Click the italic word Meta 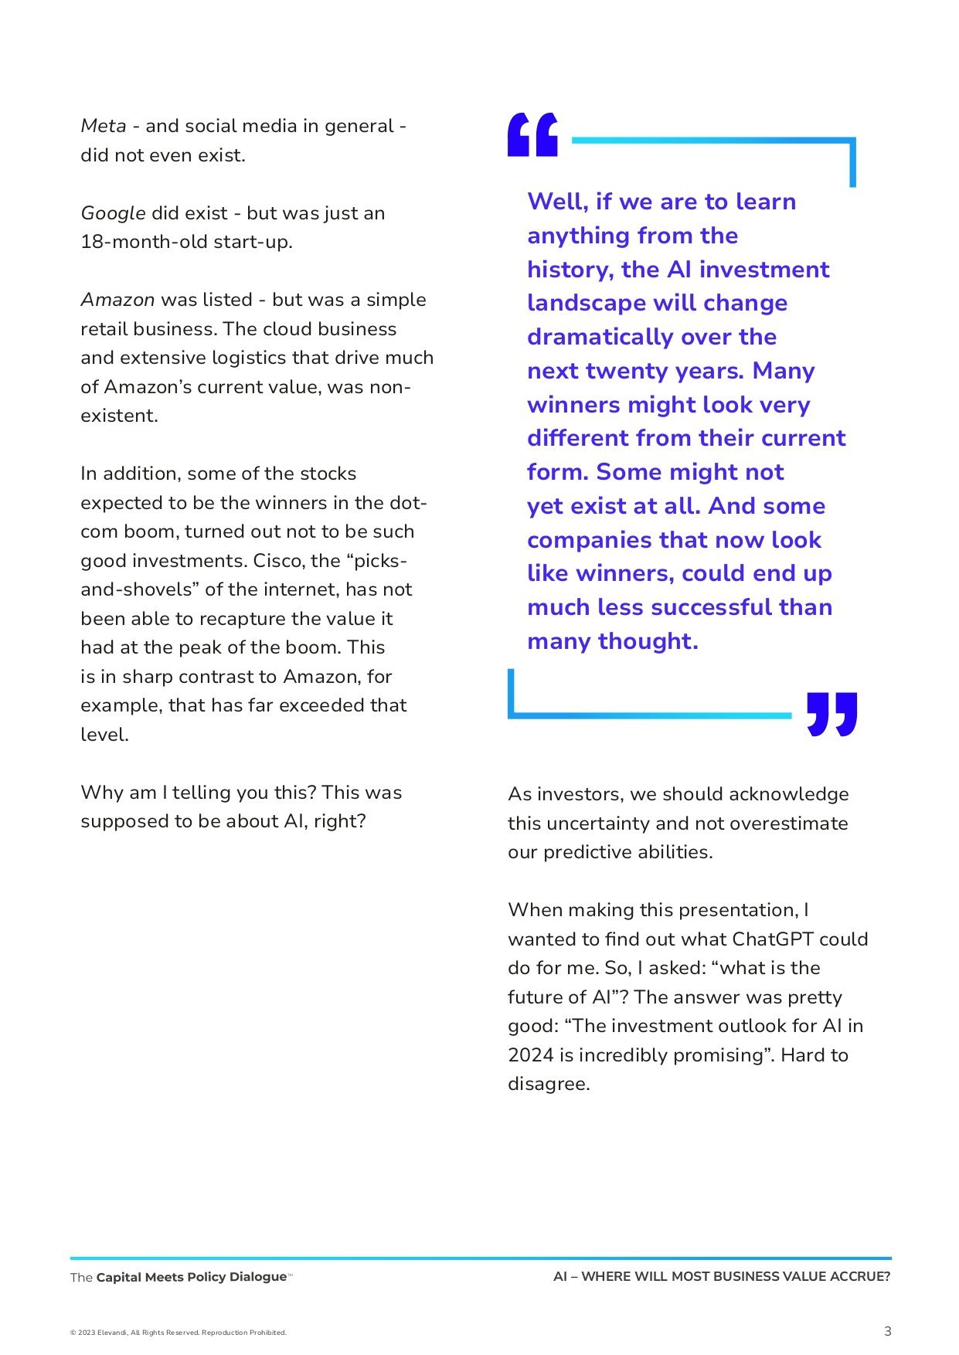(104, 126)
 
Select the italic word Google (113, 213)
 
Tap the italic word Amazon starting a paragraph (117, 300)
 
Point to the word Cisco (276, 561)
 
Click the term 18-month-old (133, 242)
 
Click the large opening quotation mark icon (532, 134)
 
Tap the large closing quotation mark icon (831, 714)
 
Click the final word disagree (548, 1084)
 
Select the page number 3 (887, 1331)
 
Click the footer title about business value (722, 1277)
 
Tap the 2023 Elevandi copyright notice (179, 1333)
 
